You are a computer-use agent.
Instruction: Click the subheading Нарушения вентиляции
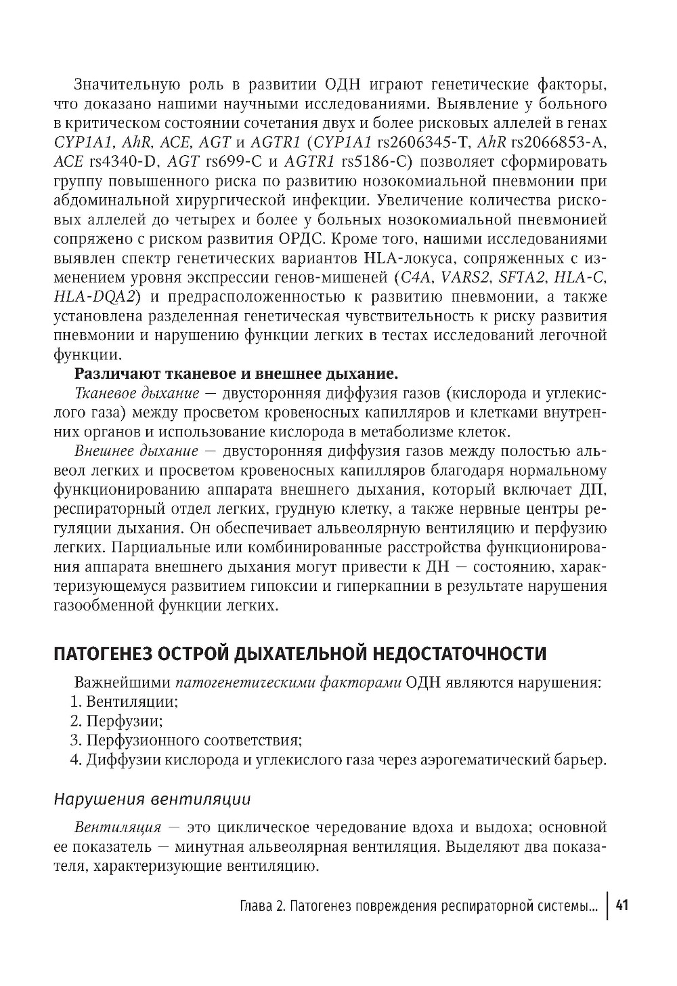click(152, 799)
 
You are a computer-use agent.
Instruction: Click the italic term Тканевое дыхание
click(136, 393)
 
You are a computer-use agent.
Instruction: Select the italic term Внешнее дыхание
click(135, 451)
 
